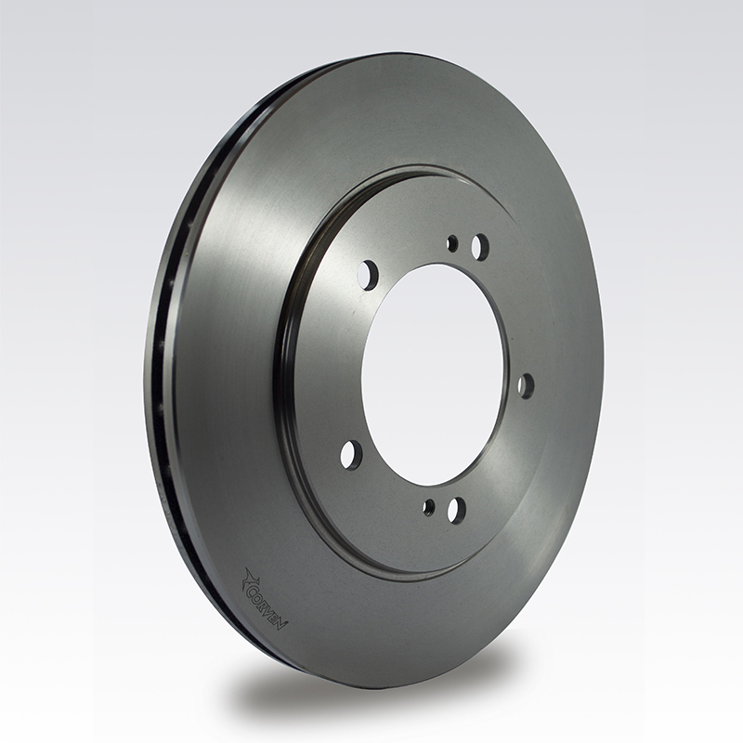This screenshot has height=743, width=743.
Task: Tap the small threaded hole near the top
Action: (x=452, y=244)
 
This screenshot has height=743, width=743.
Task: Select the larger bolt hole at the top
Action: (x=480, y=244)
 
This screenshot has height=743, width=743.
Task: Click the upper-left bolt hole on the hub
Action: (x=368, y=274)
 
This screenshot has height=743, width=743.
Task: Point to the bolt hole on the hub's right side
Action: (x=526, y=385)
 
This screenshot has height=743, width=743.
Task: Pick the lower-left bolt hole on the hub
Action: (x=352, y=455)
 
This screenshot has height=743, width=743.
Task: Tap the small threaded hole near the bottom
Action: (x=430, y=507)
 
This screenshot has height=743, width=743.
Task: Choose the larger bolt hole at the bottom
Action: (x=456, y=509)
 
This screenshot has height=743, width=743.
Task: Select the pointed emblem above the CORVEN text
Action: (x=249, y=577)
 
